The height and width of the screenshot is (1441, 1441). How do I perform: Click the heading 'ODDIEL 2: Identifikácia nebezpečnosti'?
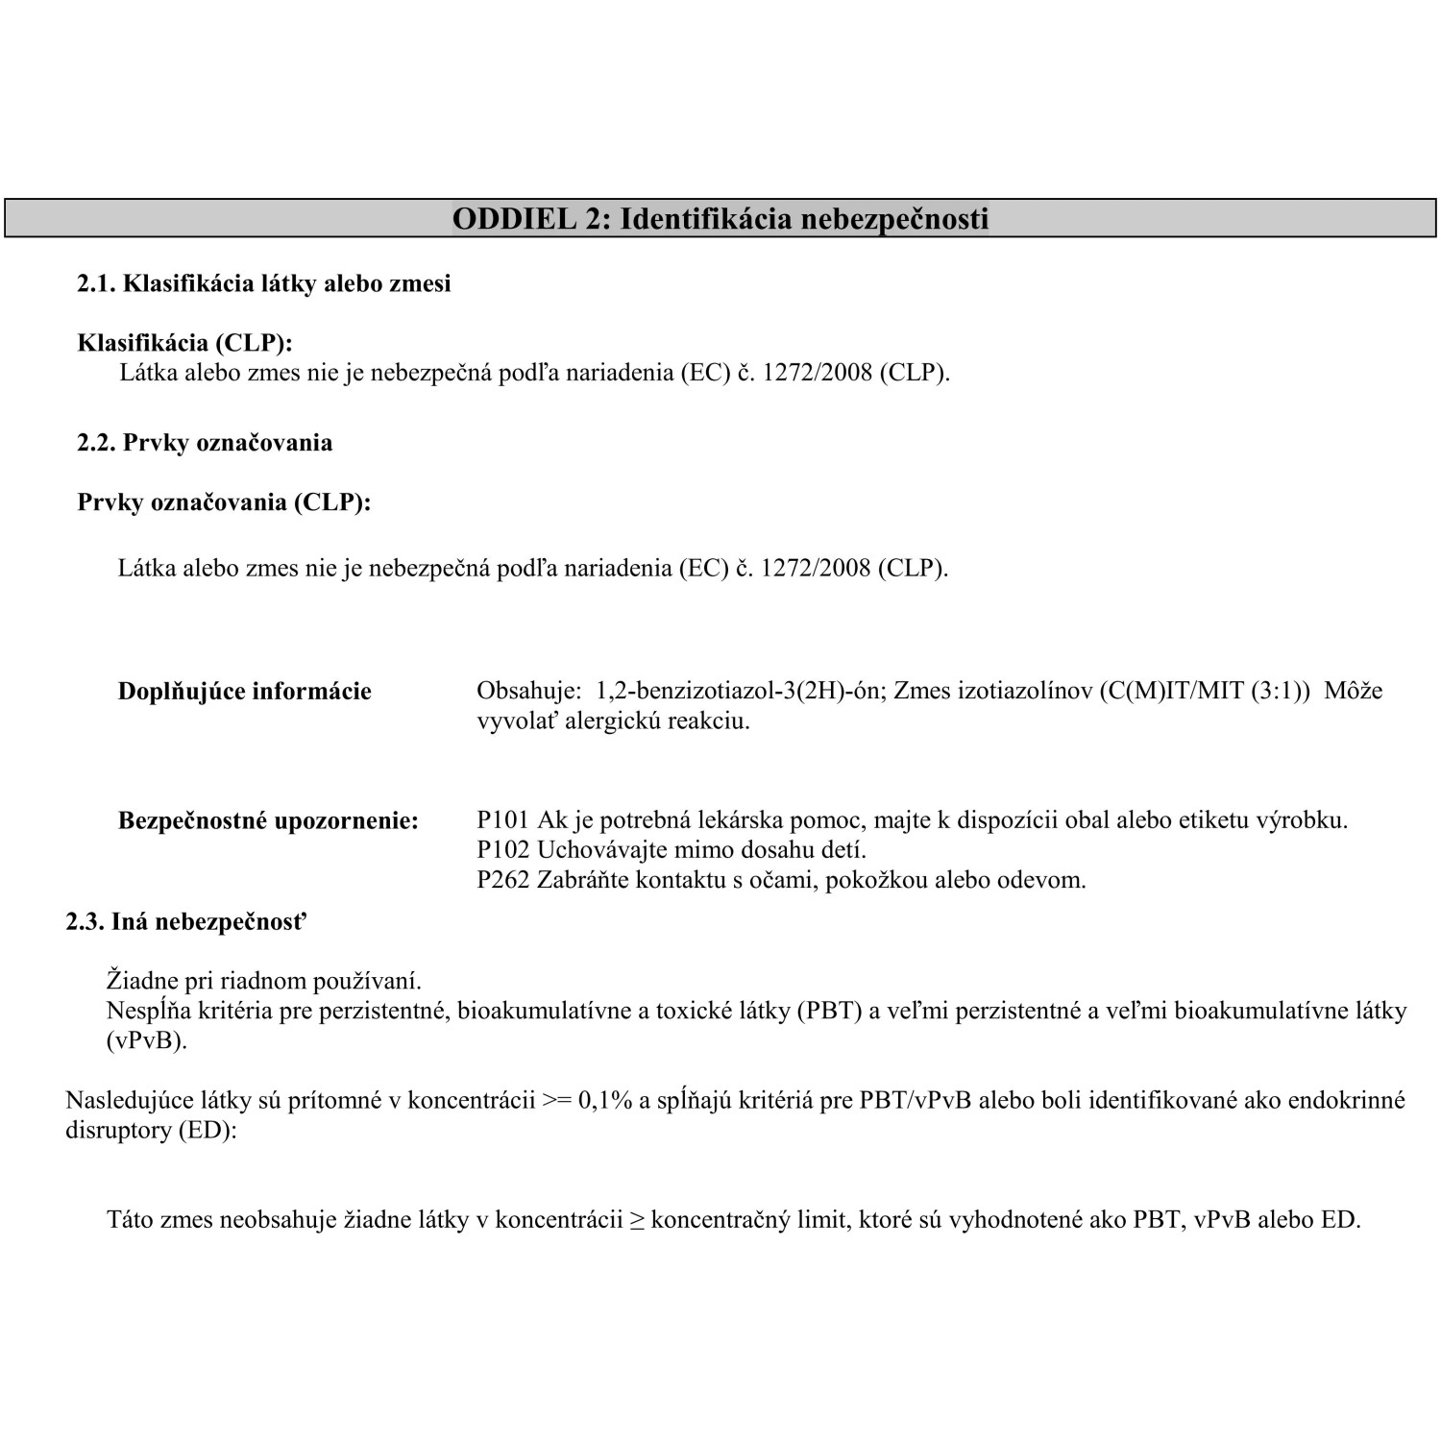tap(720, 219)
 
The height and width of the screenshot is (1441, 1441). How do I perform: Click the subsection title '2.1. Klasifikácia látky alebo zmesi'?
tap(263, 284)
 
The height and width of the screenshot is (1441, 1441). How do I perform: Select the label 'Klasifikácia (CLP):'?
tap(184, 343)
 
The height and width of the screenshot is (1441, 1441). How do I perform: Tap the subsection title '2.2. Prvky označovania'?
tap(205, 443)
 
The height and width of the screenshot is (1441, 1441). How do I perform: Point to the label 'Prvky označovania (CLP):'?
tap(224, 502)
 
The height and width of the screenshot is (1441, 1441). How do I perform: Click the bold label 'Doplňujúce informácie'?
tap(244, 692)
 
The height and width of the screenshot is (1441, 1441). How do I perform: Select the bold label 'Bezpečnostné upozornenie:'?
tap(268, 821)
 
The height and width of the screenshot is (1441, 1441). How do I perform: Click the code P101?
tap(502, 820)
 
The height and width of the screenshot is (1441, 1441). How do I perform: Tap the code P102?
tap(502, 850)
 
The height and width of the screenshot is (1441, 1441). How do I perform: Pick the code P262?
tap(502, 880)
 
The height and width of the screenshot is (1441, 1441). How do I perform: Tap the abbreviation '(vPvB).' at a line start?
tap(146, 1041)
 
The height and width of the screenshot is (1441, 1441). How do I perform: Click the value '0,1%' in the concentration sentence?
tap(604, 1101)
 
